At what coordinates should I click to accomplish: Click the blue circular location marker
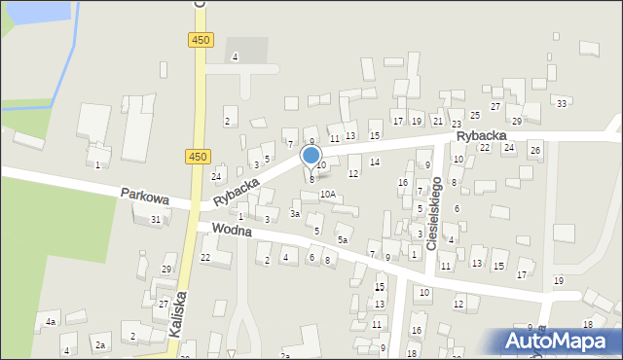(311, 156)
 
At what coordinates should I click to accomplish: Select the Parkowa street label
(145, 197)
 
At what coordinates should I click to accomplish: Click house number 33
(561, 103)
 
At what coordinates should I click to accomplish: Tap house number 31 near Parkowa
(156, 219)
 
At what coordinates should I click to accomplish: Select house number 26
(534, 150)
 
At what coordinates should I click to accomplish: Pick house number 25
(474, 116)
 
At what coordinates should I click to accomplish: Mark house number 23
(456, 123)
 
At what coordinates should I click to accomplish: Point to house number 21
(437, 122)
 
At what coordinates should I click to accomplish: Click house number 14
(375, 162)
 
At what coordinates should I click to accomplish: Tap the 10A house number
(328, 195)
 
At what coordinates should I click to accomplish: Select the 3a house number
(295, 213)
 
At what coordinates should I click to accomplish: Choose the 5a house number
(342, 239)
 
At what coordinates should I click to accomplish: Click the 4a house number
(50, 321)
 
